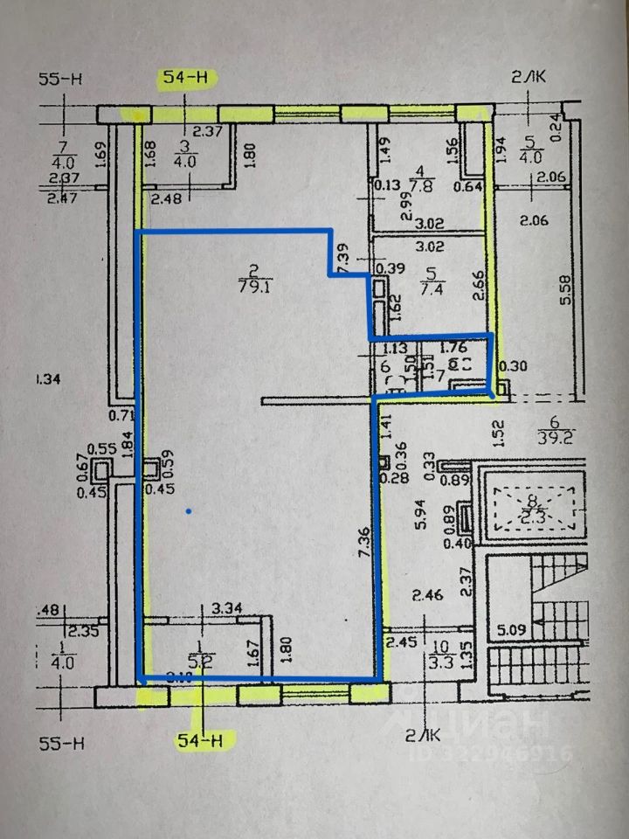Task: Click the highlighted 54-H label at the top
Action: (x=186, y=78)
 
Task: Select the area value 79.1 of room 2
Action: (x=253, y=283)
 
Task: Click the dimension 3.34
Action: (x=227, y=607)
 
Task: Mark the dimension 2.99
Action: (x=406, y=206)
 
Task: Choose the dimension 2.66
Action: (x=478, y=285)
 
